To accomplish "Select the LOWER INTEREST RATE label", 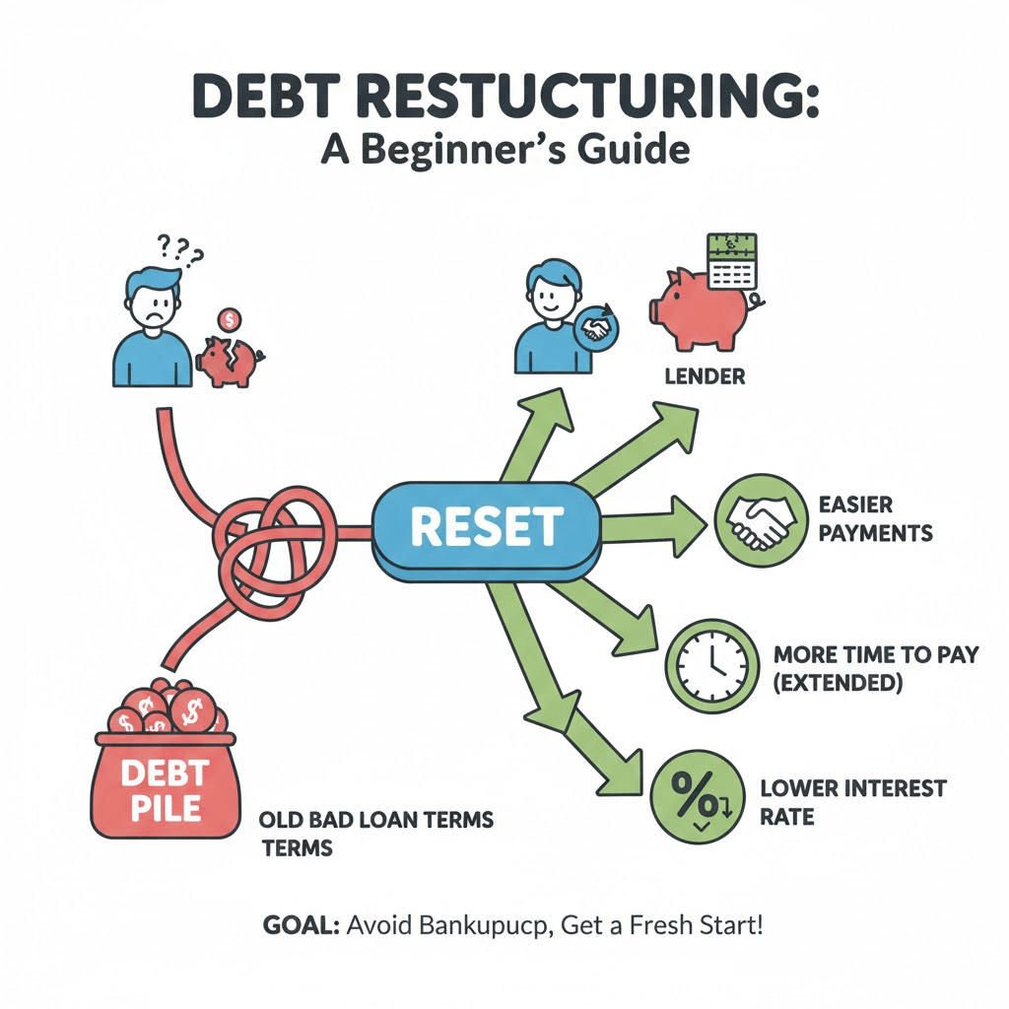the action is pos(853,802).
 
